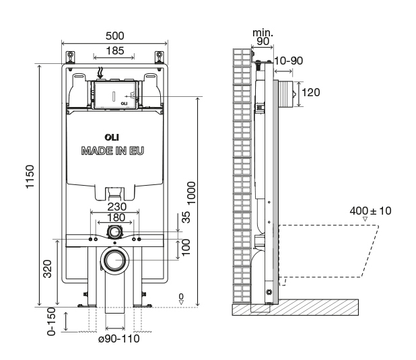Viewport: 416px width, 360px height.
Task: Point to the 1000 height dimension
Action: click(x=193, y=194)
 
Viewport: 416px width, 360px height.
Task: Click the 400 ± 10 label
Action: click(x=370, y=211)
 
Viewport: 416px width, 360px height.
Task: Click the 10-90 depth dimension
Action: click(x=289, y=61)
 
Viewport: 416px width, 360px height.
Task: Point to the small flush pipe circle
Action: click(x=114, y=233)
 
